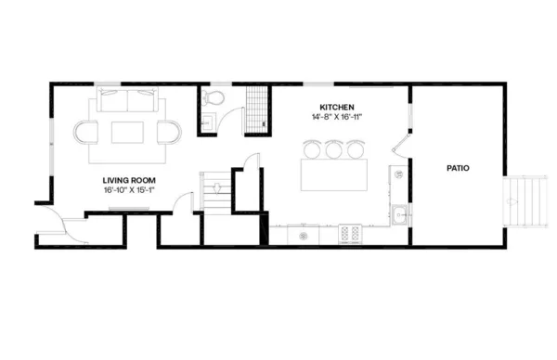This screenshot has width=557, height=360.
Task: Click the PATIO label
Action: (457, 169)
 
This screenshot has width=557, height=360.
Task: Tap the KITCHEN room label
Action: (337, 107)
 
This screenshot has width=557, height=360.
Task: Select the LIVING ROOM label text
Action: (128, 179)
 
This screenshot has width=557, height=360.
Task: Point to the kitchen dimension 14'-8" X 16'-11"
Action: (337, 117)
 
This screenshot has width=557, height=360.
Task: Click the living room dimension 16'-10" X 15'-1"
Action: (128, 190)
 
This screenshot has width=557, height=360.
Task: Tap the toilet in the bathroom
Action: (213, 96)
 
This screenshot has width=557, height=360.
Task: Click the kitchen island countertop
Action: (334, 174)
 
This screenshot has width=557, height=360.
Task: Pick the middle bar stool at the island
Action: (334, 148)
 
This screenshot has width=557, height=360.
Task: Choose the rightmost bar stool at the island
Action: (355, 148)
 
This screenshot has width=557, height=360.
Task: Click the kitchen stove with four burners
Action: (351, 234)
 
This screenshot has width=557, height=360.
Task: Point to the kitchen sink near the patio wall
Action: (399, 214)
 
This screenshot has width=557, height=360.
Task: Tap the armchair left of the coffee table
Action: (86, 133)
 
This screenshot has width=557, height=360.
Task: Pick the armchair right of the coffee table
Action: (170, 133)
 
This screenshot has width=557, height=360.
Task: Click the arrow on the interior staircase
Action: (215, 186)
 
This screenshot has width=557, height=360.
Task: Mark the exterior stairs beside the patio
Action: (525, 200)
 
